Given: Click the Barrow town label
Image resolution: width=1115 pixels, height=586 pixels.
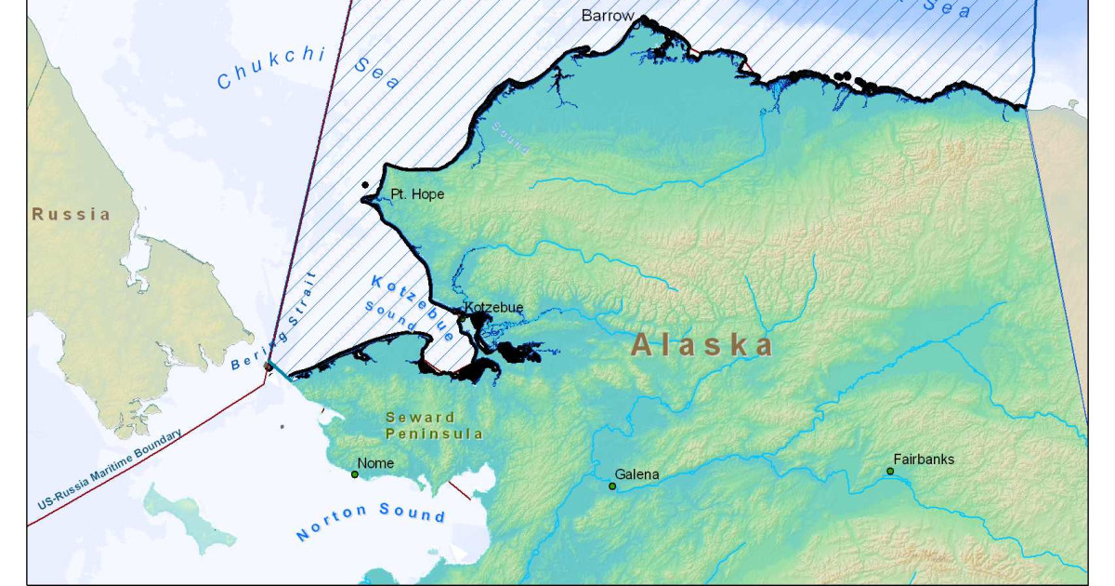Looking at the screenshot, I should [x=608, y=15].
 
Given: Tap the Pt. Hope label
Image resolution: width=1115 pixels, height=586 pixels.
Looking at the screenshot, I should [x=417, y=194].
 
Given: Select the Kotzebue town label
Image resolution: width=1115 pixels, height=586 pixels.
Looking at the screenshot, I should [x=493, y=307].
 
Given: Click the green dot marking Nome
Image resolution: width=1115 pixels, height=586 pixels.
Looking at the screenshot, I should [x=355, y=474].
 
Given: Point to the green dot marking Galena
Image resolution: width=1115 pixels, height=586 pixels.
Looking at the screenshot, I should [x=612, y=486].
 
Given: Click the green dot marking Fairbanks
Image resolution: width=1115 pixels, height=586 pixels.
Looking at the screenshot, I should [x=889, y=472].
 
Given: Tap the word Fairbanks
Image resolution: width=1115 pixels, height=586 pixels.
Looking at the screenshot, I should [x=924, y=459].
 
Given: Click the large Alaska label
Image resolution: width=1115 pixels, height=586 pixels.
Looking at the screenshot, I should [x=702, y=345].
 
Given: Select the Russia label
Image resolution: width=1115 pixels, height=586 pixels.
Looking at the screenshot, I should [x=72, y=214].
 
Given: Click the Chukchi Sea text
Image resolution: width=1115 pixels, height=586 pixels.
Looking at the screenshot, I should [x=307, y=69].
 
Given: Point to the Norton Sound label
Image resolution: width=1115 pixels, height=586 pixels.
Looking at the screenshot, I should [x=370, y=522].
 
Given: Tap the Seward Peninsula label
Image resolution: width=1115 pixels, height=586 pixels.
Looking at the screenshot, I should [x=434, y=425].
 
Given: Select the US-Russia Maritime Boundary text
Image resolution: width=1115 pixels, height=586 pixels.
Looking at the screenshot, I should [x=110, y=470].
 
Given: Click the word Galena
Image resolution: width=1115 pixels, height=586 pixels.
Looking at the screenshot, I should [x=636, y=474].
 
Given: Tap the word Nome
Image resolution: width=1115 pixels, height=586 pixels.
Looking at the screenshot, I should [x=375, y=463].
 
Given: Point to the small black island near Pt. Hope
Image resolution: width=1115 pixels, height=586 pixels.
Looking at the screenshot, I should [x=366, y=184].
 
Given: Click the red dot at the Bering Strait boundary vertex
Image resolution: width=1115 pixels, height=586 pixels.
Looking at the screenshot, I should [x=269, y=366].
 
